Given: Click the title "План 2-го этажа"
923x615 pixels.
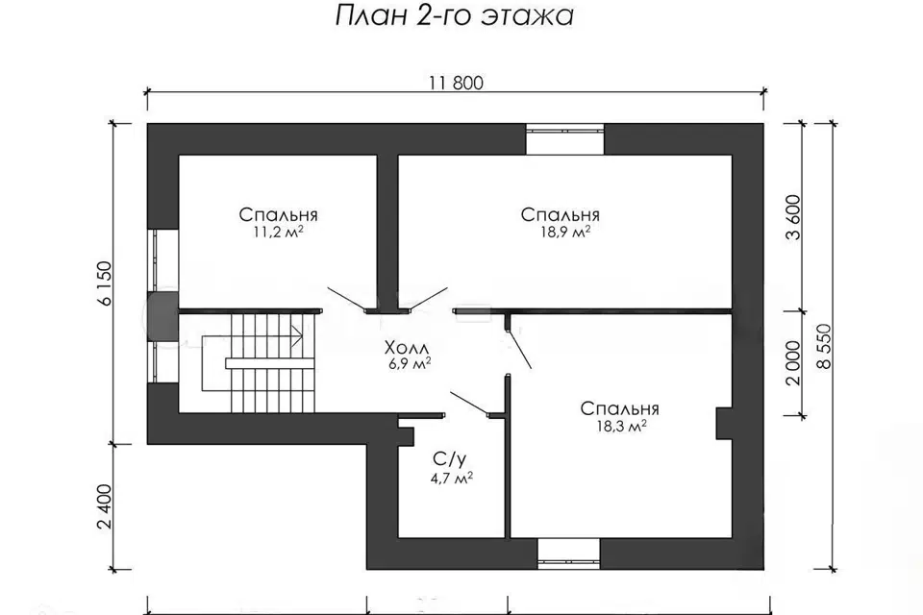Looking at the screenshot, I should (456, 17).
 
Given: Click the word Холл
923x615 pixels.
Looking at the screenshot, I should (407, 347).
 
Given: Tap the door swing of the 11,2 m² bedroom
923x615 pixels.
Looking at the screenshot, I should (347, 299).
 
